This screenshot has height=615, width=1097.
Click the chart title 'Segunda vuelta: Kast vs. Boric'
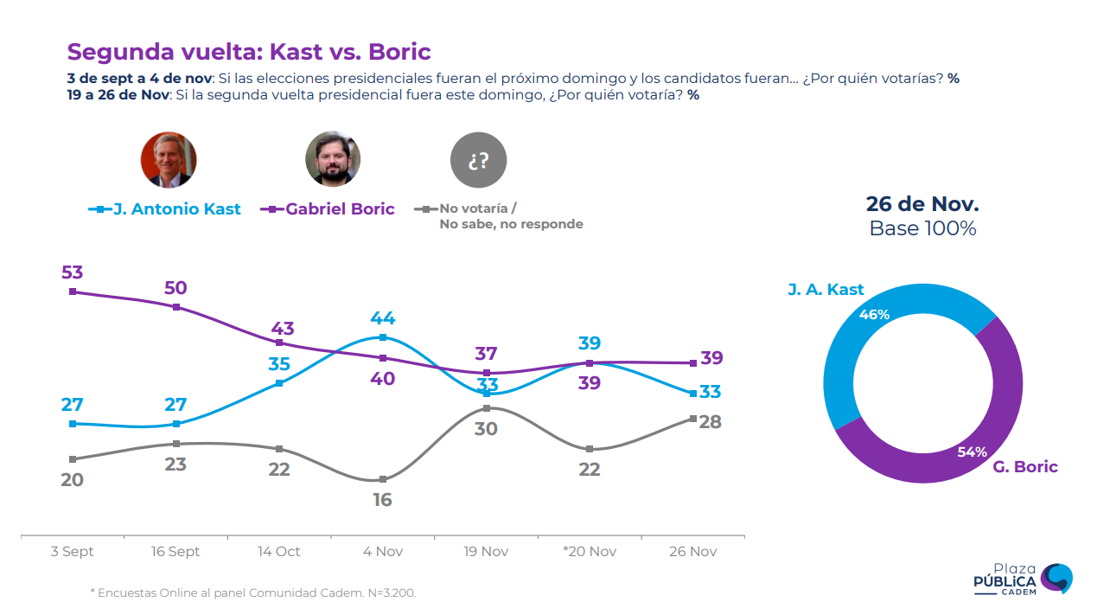click(x=249, y=51)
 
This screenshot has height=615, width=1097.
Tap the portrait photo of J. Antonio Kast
click(x=169, y=160)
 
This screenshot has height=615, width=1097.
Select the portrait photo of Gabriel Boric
click(x=333, y=159)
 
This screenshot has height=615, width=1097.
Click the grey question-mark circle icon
click(x=478, y=160)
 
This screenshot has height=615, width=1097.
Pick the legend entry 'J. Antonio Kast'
click(x=165, y=209)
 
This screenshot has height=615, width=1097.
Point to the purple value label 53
click(x=72, y=272)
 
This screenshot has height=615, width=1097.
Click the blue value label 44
click(x=382, y=317)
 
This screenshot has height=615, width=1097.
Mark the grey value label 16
click(x=382, y=499)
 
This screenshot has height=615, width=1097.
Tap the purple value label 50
click(x=175, y=288)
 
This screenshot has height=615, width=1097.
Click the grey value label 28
click(x=710, y=421)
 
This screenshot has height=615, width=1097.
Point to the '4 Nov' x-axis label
click(x=382, y=552)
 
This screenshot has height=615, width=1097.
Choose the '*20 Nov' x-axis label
click(x=589, y=552)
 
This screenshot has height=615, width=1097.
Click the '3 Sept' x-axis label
click(x=72, y=552)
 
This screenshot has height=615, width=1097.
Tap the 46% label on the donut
click(x=874, y=315)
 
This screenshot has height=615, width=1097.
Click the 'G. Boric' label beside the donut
click(x=1024, y=467)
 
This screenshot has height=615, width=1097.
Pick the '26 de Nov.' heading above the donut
click(x=922, y=205)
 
